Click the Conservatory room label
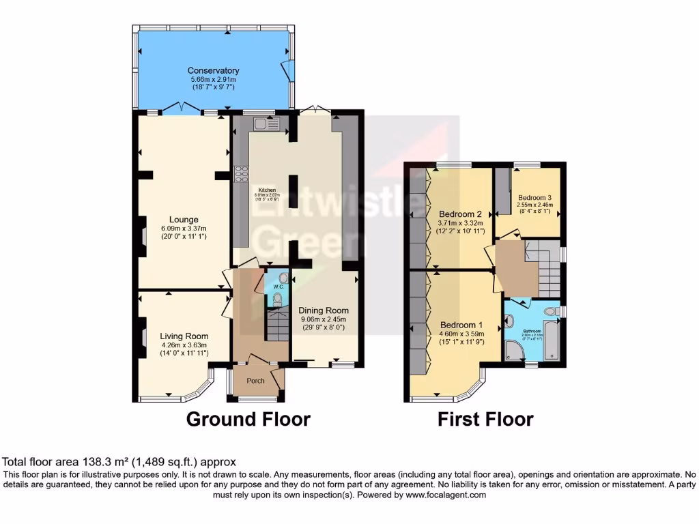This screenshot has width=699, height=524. click(213, 70)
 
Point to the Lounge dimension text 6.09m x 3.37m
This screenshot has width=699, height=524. click(180, 228)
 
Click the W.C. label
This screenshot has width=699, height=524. click(278, 287)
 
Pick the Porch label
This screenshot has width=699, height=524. click(255, 381)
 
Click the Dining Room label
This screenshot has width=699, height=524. click(324, 310)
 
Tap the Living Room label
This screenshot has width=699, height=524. click(184, 336)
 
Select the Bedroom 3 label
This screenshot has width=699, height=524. click(534, 196)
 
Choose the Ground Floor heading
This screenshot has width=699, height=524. click(248, 418)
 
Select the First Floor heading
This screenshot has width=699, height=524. click(485, 418)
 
